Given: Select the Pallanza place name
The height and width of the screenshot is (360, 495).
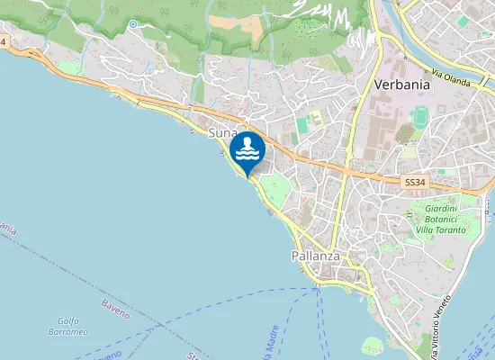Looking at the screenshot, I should click(315, 256).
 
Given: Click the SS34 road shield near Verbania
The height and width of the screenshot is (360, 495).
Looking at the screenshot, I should click(414, 182).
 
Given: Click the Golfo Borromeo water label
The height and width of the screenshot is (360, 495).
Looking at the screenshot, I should click(73, 326).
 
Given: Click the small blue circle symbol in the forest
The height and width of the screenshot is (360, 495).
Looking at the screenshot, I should click(132, 24).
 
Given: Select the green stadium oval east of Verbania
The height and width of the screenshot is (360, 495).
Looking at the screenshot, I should click(422, 116).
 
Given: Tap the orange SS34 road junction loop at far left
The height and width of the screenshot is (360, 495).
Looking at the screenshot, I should click(36, 54).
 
